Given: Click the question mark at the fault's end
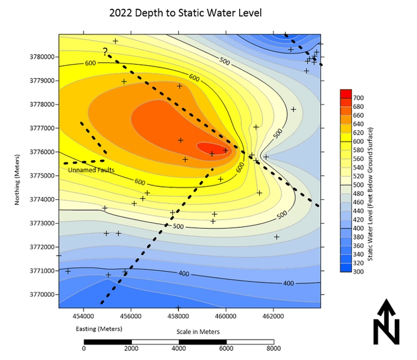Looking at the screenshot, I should [105, 52].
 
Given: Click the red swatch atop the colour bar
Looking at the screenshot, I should [345, 93].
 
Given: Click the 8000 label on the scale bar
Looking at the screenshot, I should [273, 349].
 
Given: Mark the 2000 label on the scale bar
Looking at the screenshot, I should [131, 349].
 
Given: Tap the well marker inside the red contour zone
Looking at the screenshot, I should [212, 153].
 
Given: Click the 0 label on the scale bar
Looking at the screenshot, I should [84, 349].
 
